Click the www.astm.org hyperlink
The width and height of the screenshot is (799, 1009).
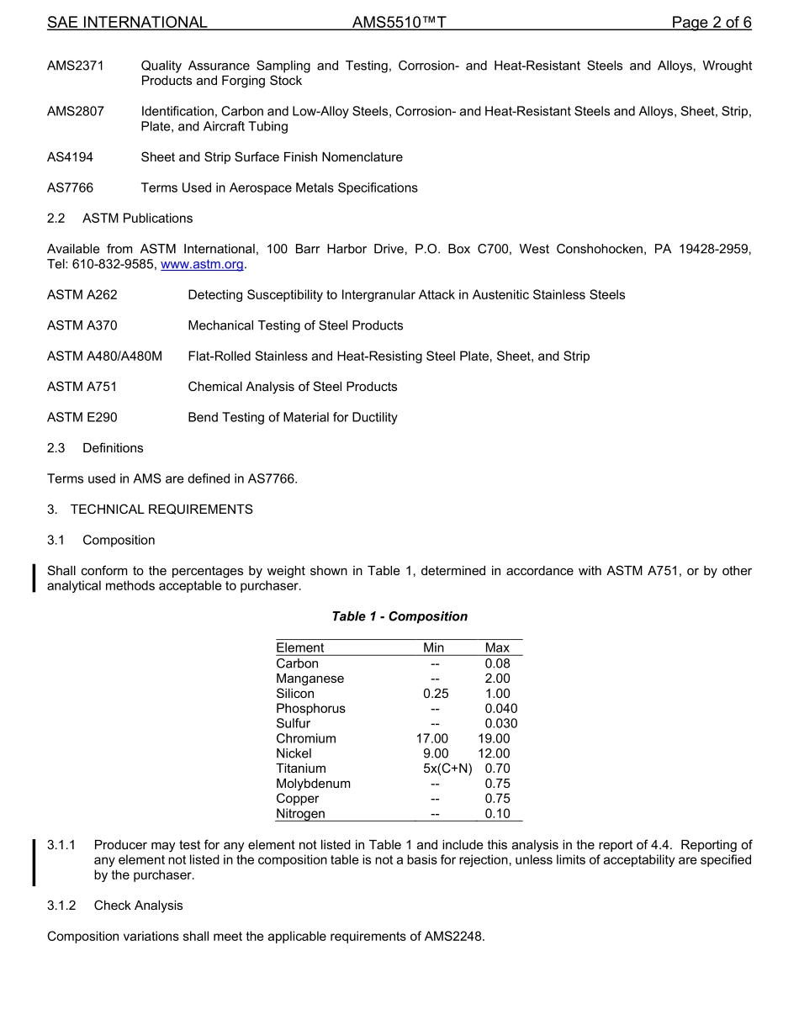[202, 264]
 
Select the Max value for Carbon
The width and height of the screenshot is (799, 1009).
[497, 663]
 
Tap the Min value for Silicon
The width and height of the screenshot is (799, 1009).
[436, 694]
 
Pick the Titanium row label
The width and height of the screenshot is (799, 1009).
[300, 769]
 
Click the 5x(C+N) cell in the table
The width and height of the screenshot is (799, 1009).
[447, 769]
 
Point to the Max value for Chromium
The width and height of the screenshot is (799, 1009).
[494, 738]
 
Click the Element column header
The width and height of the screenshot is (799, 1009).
[299, 647]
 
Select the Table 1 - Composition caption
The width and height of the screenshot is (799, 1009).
[399, 616]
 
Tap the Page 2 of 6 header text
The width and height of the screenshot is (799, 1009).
[711, 23]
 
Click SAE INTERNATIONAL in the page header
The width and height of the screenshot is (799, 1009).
[127, 23]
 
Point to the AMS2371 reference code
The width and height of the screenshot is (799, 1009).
[76, 66]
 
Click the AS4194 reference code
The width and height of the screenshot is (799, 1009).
[70, 157]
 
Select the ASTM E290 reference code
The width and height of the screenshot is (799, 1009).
[82, 417]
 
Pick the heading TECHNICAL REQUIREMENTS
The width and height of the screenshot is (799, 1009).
[161, 510]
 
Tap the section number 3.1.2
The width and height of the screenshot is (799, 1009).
[61, 906]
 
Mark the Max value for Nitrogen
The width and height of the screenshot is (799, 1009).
[497, 814]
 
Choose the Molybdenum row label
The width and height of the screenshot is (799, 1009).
[313, 784]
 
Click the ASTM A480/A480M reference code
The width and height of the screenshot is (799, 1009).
[104, 357]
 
